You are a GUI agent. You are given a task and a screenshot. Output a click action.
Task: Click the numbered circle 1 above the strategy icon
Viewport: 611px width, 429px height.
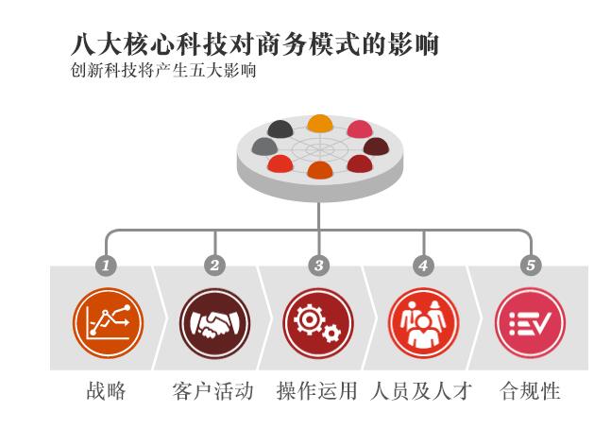[108, 266]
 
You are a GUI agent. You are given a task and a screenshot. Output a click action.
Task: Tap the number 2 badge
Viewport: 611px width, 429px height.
[215, 266]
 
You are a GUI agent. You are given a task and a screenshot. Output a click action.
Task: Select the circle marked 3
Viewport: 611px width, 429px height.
[319, 266]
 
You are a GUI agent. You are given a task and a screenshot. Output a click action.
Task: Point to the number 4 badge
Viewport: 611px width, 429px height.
[423, 266]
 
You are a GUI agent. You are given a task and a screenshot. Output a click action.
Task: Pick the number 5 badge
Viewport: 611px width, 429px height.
[531, 266]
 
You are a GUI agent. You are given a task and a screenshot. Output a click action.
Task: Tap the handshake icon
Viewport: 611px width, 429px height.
[215, 324]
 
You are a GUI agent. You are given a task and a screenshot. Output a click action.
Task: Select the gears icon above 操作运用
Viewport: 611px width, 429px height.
[319, 324]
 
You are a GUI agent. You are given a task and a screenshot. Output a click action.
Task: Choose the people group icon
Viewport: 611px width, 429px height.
[424, 324]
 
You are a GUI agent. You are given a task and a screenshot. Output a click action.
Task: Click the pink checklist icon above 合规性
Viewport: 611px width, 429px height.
[531, 324]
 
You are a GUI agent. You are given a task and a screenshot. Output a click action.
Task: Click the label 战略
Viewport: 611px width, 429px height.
[106, 390]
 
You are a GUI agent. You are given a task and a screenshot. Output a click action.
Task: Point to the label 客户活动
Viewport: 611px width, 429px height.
[213, 390]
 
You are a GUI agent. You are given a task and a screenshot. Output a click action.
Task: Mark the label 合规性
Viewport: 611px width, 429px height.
[530, 390]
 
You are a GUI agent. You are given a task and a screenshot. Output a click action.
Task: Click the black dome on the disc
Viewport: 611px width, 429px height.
[280, 128]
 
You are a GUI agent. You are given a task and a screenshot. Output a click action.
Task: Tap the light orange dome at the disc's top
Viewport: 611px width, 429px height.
[320, 122]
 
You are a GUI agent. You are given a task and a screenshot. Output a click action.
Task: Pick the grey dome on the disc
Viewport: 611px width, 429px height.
[264, 146]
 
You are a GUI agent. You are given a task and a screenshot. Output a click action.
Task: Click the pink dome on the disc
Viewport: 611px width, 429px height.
[360, 128]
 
